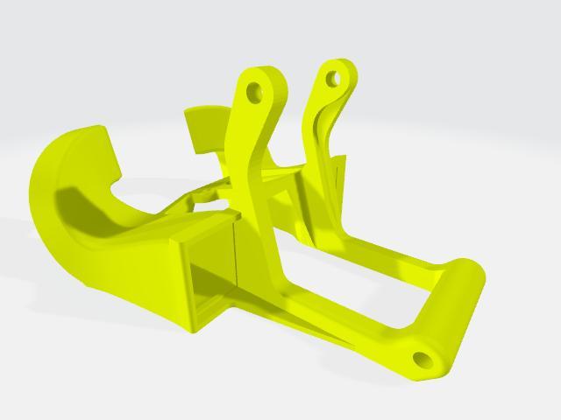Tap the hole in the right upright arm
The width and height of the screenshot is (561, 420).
333,79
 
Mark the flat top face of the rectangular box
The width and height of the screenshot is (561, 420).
206,227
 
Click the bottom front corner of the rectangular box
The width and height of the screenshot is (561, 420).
191,331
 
